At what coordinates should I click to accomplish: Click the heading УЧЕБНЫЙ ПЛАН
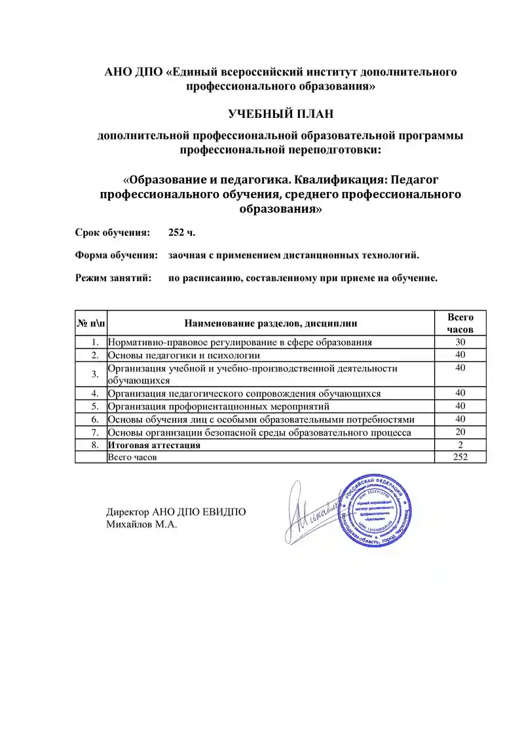[x=280, y=114]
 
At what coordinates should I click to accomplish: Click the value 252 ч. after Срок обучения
[x=181, y=233]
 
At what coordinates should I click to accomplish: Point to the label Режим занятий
[x=113, y=278]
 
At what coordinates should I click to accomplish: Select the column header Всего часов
[x=460, y=322]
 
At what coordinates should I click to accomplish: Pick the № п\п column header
[x=90, y=322]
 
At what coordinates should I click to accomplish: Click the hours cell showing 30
[x=460, y=342]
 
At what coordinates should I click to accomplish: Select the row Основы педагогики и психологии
[x=184, y=355]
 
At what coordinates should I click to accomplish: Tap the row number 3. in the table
[x=95, y=373]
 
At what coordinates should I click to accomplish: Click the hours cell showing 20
[x=460, y=432]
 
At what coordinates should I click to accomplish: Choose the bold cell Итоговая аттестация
[x=154, y=445]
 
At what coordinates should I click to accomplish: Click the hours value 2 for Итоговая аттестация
[x=460, y=445]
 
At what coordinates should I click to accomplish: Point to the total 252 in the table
[x=460, y=457]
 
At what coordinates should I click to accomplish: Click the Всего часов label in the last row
[x=132, y=457]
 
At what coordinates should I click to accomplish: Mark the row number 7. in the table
[x=95, y=432]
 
